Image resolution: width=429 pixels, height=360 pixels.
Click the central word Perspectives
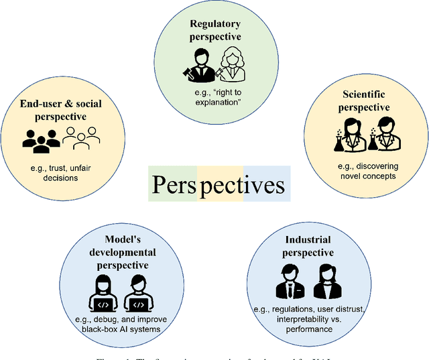point(219,184)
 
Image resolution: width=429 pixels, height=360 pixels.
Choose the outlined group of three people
point(80,137)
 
